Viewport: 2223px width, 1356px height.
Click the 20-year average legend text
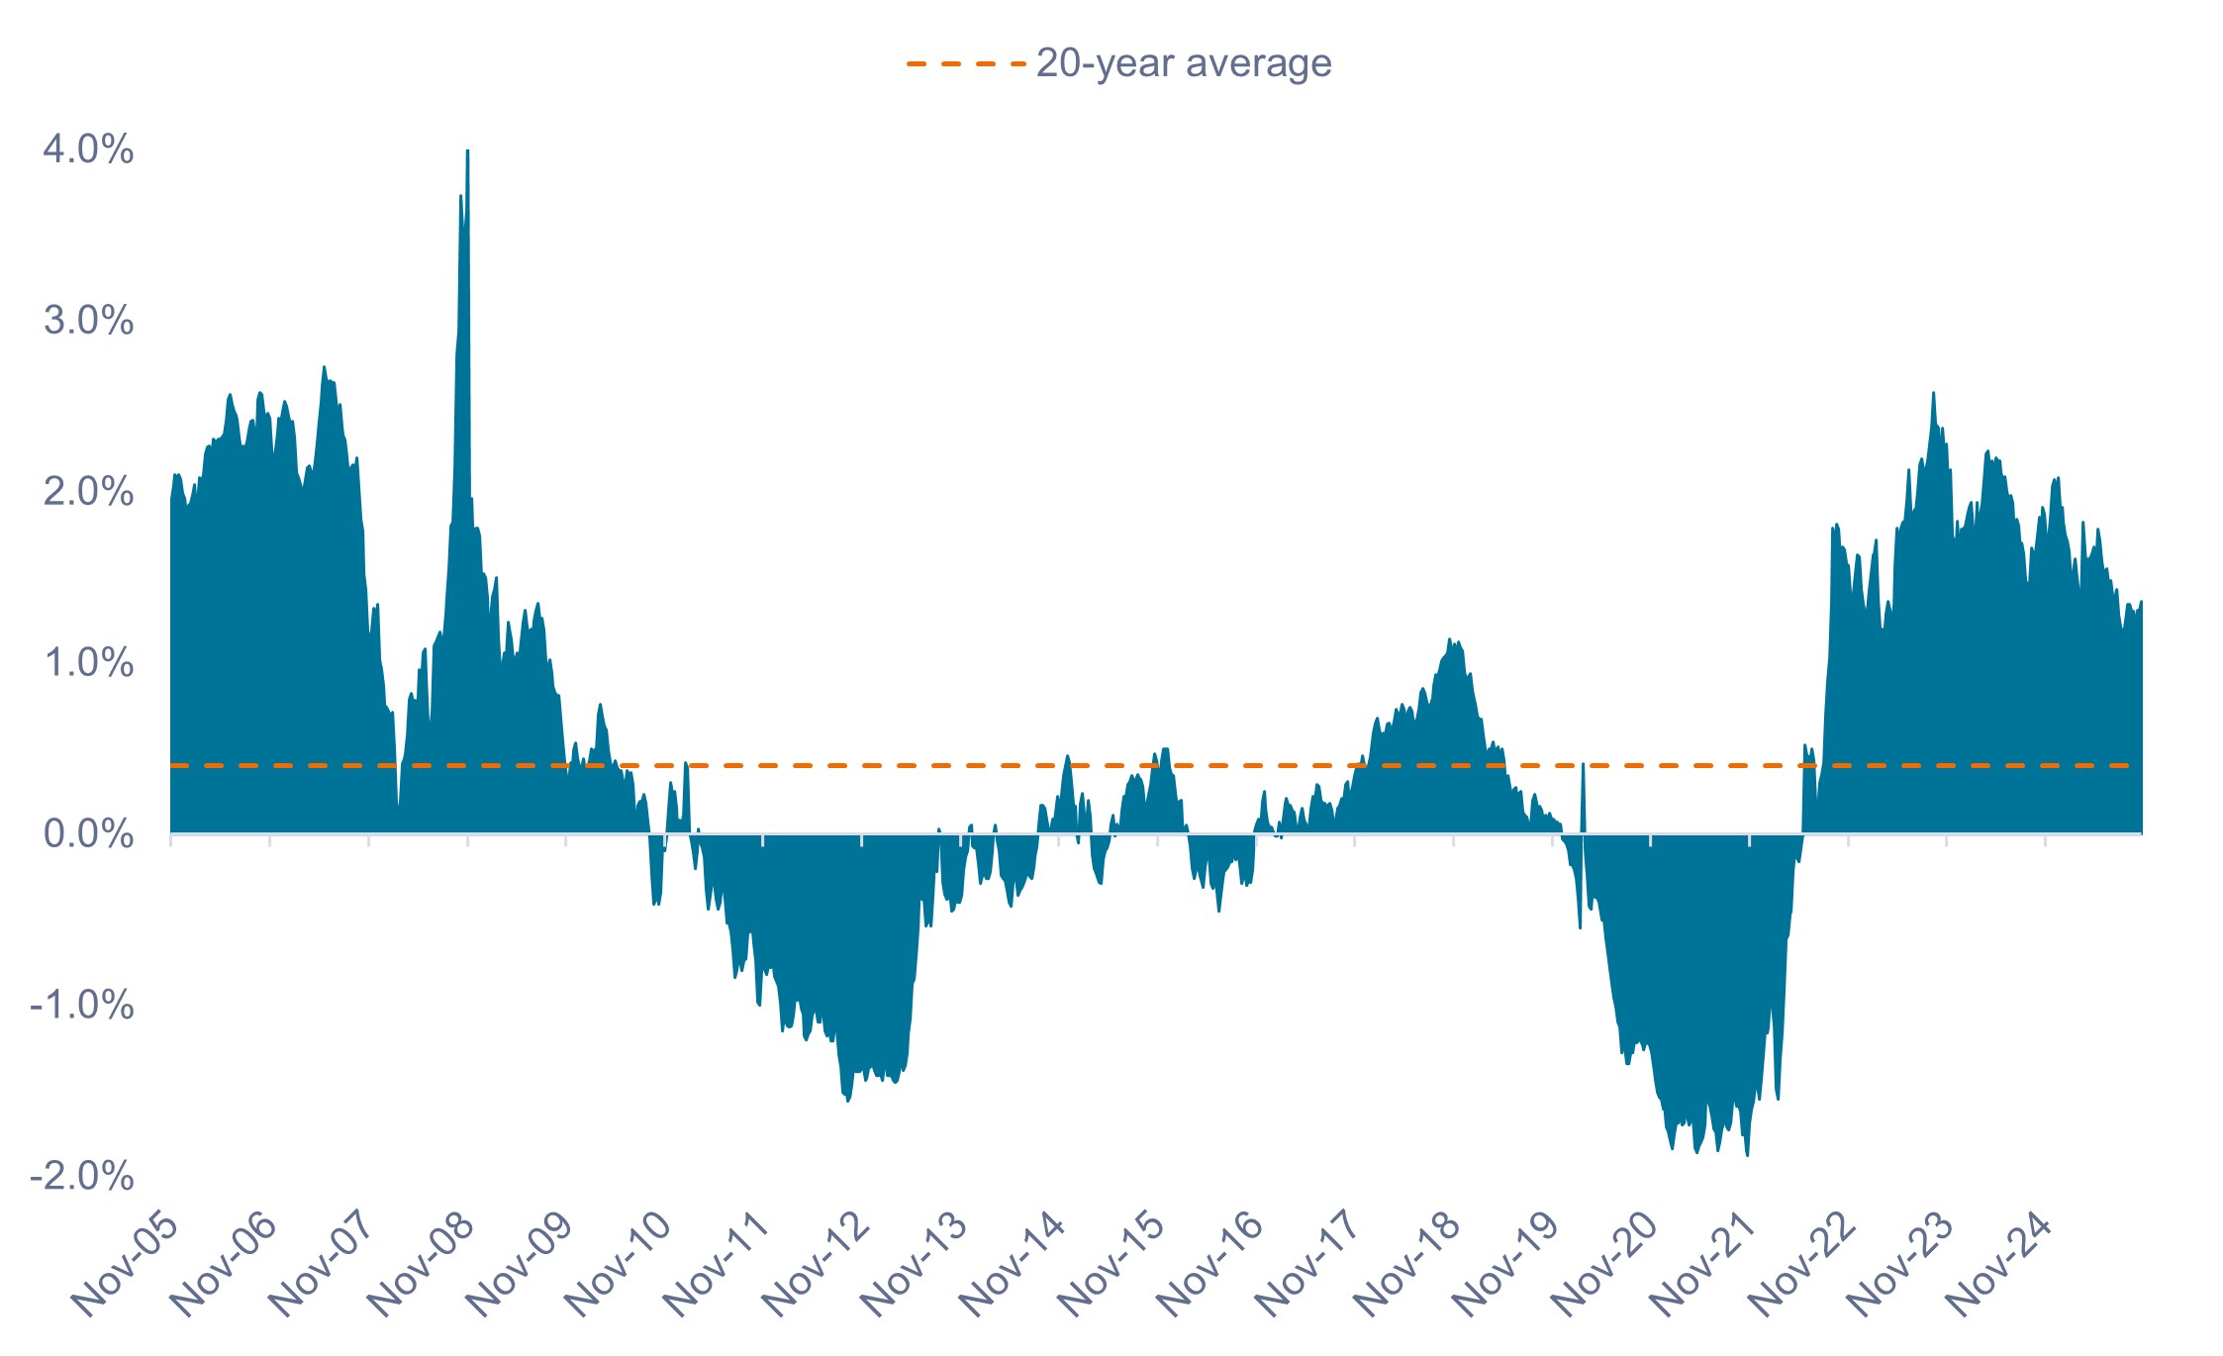[x=1184, y=63]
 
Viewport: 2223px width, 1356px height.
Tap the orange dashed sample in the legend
[x=965, y=63]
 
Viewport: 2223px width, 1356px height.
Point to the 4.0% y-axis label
[x=88, y=149]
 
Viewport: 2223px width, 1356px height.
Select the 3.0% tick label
[x=88, y=321]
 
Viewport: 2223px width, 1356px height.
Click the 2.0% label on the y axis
[x=88, y=492]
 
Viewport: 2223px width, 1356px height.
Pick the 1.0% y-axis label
[x=88, y=663]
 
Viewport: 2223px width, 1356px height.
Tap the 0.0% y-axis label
[x=88, y=834]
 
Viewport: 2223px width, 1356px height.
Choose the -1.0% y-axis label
[x=82, y=1006]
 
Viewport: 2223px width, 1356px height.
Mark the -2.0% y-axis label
[x=82, y=1177]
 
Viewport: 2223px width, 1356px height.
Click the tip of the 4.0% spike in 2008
[x=467, y=151]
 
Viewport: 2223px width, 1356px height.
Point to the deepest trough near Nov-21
[x=1747, y=1155]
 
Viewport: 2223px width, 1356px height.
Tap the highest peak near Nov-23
[x=1933, y=393]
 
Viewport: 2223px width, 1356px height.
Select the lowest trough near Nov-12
[x=848, y=1101]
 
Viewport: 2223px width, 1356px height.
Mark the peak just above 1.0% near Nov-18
[x=1449, y=639]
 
